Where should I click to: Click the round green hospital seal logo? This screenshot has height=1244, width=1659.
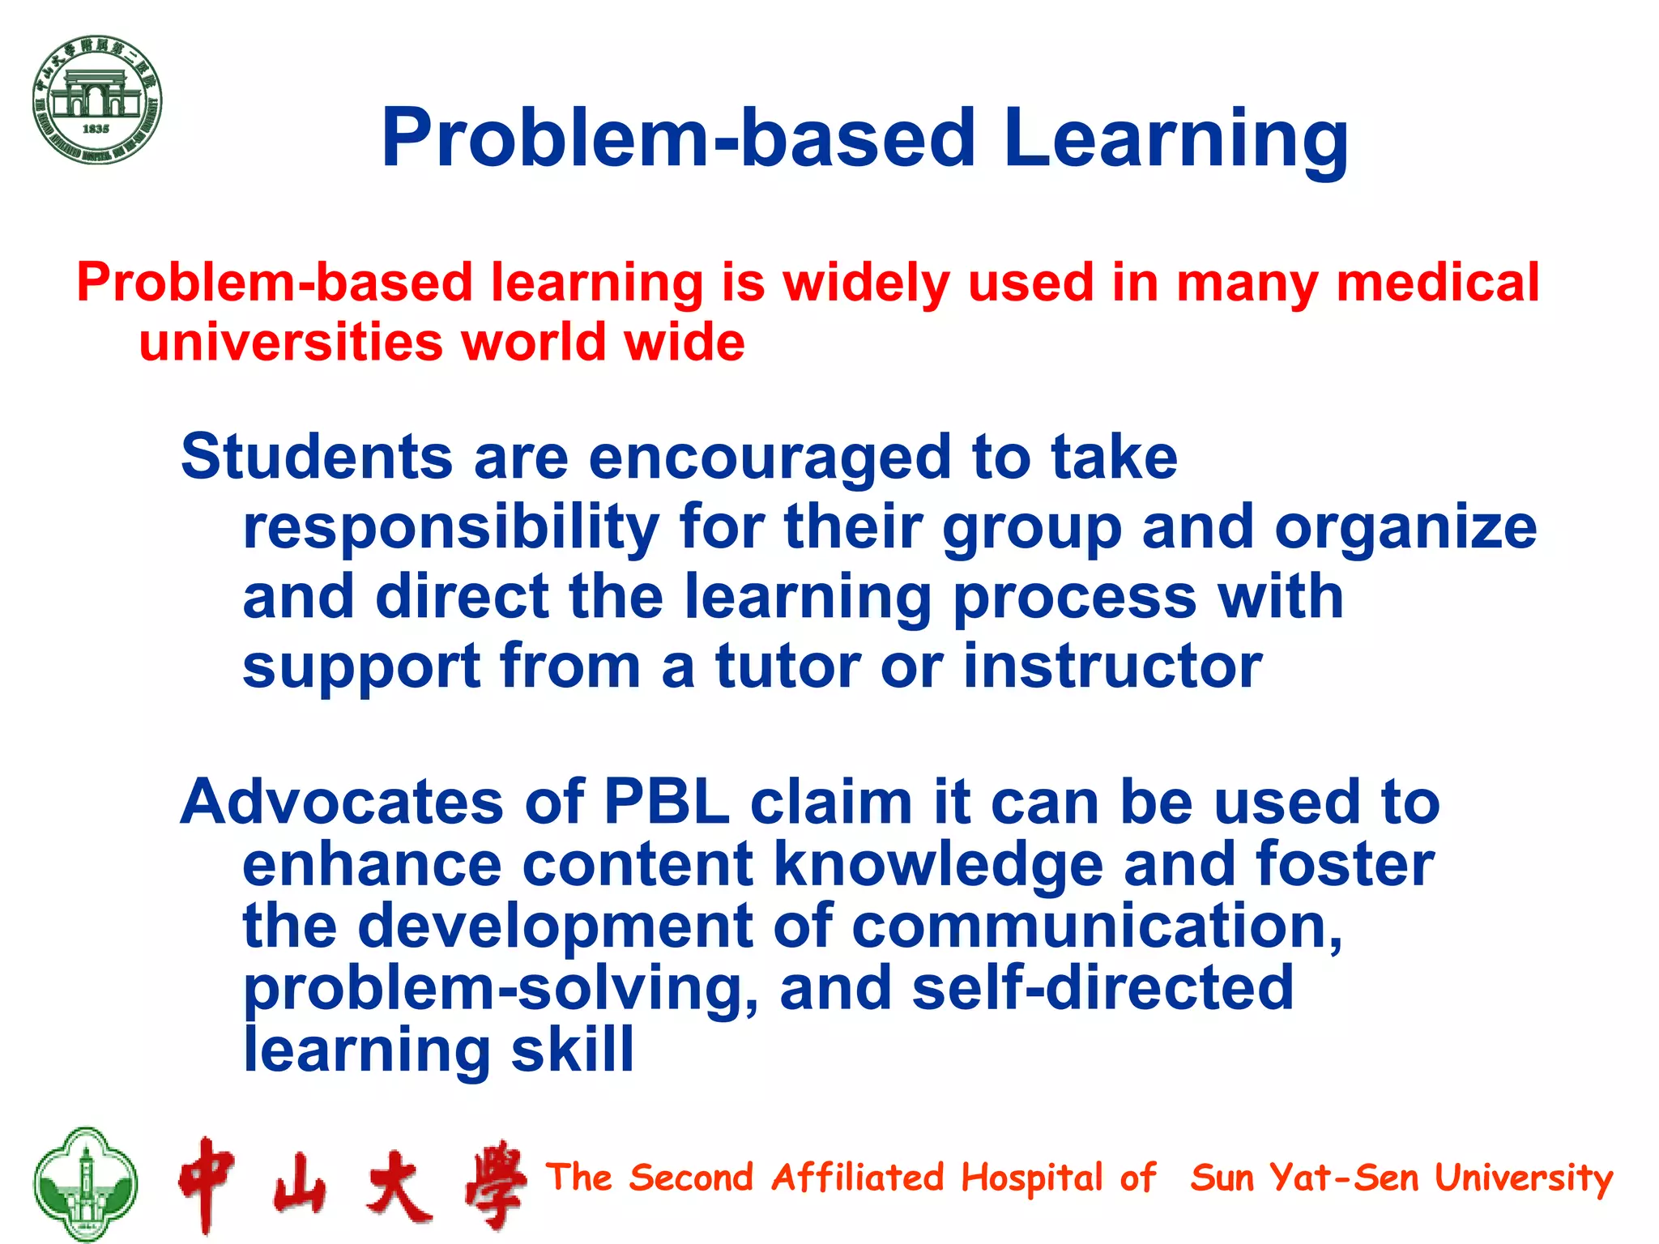[97, 100]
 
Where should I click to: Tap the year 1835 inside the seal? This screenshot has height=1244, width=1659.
[96, 129]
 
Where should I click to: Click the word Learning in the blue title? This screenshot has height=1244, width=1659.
[1175, 139]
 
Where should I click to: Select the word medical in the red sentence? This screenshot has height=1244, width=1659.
[1438, 283]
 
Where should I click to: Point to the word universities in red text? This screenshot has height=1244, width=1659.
[291, 342]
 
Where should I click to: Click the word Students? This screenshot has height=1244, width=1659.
[316, 457]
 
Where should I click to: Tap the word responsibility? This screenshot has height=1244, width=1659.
[451, 528]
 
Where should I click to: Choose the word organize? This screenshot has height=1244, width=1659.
[1405, 528]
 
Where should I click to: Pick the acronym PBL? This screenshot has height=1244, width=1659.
[667, 802]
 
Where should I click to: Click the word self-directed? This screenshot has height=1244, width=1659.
[1102, 988]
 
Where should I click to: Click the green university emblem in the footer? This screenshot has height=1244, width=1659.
[85, 1183]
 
